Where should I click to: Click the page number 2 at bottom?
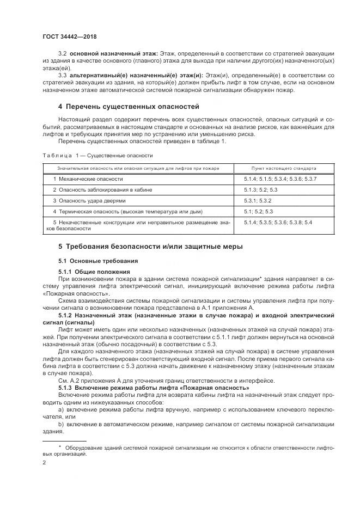click(x=45, y=462)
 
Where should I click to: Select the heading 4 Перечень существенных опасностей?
click(x=129, y=106)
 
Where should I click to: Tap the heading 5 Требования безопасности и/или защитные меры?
click(x=150, y=247)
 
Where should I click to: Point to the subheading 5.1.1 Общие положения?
click(x=94, y=271)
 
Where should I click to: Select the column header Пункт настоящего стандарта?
click(x=284, y=168)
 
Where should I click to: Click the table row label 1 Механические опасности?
click(x=88, y=179)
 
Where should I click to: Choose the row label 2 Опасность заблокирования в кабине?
click(x=102, y=189)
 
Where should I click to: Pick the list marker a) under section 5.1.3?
click(x=60, y=409)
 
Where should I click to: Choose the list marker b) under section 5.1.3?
click(x=60, y=424)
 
